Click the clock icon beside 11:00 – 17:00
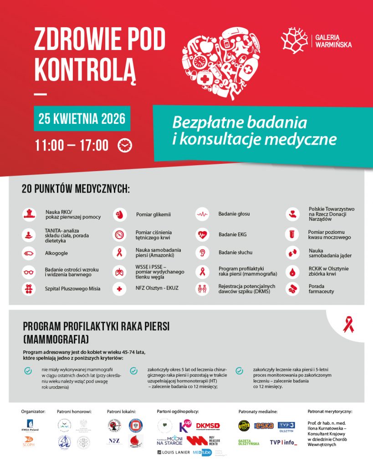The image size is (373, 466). (x=125, y=145)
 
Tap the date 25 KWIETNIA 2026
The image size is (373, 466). (x=82, y=119)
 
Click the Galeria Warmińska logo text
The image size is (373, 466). (x=333, y=41)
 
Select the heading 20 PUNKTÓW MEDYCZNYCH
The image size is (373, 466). (x=76, y=188)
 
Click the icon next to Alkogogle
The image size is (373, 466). (x=29, y=253)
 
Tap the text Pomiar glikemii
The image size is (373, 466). (x=153, y=214)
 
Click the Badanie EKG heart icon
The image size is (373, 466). (x=202, y=235)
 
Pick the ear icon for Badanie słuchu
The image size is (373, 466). (x=202, y=253)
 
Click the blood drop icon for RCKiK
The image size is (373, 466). (x=292, y=272)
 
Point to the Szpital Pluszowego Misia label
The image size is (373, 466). (x=72, y=289)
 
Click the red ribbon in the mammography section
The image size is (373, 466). (x=348, y=324)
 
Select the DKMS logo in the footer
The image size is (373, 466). (x=208, y=425)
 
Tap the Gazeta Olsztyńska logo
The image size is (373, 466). (x=248, y=442)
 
